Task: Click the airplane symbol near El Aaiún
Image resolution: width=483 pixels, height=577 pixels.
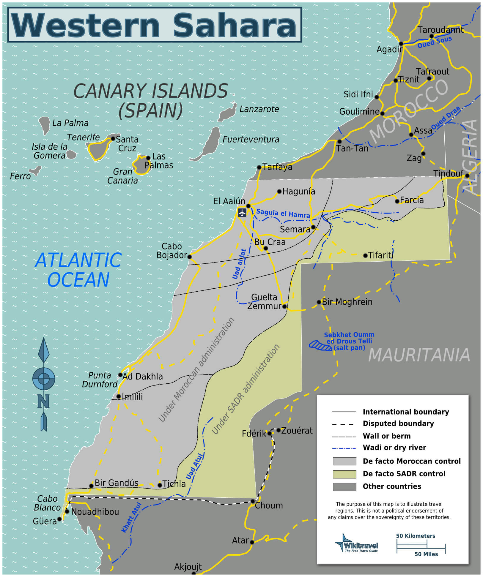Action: point(242,213)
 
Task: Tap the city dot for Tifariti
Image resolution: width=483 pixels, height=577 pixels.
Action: point(365,255)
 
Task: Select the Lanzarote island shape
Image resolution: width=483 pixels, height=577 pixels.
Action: point(227,113)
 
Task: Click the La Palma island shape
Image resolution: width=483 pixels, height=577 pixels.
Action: point(45,125)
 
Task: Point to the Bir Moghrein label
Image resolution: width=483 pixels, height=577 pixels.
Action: point(347,302)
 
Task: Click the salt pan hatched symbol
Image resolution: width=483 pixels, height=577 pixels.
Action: point(320,346)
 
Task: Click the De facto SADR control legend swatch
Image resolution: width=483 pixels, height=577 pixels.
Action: point(344,474)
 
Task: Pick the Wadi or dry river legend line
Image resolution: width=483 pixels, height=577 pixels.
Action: point(344,448)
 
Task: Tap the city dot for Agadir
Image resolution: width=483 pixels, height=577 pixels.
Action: point(401,44)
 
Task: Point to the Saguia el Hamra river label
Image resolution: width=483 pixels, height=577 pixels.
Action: point(283,213)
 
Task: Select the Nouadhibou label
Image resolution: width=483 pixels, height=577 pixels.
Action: point(95,512)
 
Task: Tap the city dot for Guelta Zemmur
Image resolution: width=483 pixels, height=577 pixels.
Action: point(284,306)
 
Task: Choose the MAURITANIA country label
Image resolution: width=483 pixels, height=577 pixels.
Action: point(419,355)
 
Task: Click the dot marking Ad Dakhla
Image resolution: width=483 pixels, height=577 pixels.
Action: point(120,375)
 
